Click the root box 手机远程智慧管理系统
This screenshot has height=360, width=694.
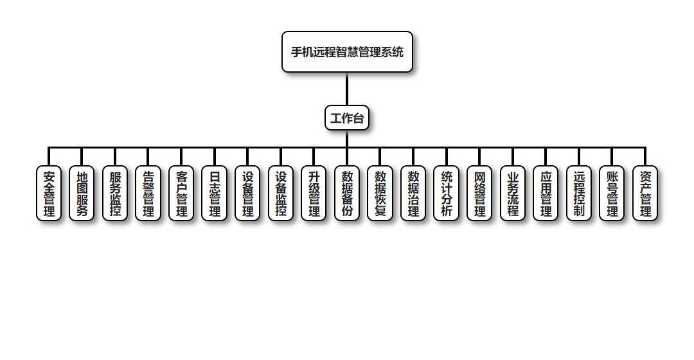pyautogui.click(x=347, y=52)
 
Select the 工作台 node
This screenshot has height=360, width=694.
pyautogui.click(x=347, y=118)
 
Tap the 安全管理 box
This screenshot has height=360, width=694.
pyautogui.click(x=49, y=194)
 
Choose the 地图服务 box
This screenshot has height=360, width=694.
pyautogui.click(x=82, y=194)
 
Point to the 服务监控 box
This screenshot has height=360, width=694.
pyautogui.click(x=115, y=194)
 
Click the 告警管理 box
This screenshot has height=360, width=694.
pyautogui.click(x=148, y=194)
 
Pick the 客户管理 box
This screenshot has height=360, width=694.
pyautogui.click(x=181, y=194)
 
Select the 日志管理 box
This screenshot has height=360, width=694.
pyautogui.click(x=215, y=194)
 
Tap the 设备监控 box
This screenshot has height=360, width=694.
pyautogui.click(x=281, y=194)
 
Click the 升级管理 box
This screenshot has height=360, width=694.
pyautogui.click(x=314, y=194)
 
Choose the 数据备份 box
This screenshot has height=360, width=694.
pyautogui.click(x=347, y=194)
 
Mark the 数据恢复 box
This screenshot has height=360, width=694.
pyautogui.click(x=380, y=194)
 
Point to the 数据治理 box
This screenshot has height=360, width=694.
pyautogui.click(x=413, y=194)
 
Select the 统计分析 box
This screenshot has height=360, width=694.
pyautogui.click(x=447, y=194)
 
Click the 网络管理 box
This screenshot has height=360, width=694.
pyautogui.click(x=479, y=194)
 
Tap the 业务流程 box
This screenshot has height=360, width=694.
pyautogui.click(x=513, y=194)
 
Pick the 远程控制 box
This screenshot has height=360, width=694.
pyautogui.click(x=579, y=194)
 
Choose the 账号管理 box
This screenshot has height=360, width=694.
pyautogui.click(x=612, y=194)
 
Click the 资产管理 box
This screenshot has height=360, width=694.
pyautogui.click(x=645, y=194)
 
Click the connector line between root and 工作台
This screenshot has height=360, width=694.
pyautogui.click(x=347, y=89)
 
